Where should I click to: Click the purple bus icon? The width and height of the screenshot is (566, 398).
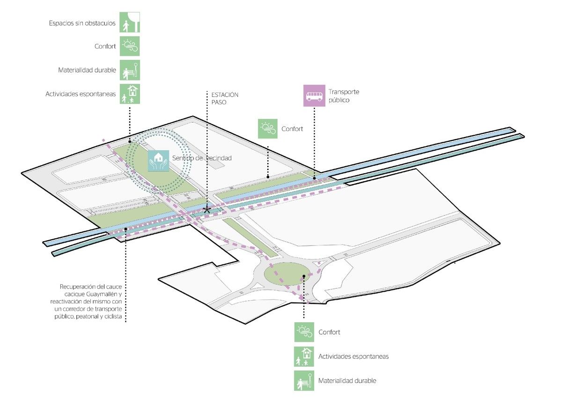[x=314, y=96]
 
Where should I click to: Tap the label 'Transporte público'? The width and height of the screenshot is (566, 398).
[x=344, y=96]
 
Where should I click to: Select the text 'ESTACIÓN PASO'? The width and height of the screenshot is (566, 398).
[x=225, y=98]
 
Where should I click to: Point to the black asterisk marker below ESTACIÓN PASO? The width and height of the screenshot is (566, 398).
[x=207, y=209]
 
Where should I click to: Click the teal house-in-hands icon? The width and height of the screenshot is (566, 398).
[x=158, y=161]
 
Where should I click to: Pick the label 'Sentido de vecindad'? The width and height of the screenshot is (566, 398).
[x=202, y=158]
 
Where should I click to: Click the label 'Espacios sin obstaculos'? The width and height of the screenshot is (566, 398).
[x=82, y=23]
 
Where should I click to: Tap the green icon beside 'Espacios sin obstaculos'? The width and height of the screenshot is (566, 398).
[x=130, y=22]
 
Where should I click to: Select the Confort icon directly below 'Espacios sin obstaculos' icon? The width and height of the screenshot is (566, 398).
[x=129, y=46]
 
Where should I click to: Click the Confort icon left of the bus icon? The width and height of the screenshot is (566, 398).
[x=268, y=129]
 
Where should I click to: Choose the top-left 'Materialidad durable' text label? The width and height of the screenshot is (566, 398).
[x=87, y=70]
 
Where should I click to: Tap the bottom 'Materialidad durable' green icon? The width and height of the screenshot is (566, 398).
[x=304, y=381]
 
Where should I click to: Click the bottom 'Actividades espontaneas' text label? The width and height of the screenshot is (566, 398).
[x=353, y=356]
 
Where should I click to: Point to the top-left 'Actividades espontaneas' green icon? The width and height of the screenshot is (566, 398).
[x=130, y=94]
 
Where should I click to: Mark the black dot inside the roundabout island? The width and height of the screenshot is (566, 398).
[x=304, y=276]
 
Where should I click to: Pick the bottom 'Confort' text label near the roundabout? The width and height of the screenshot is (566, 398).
[x=329, y=332]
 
